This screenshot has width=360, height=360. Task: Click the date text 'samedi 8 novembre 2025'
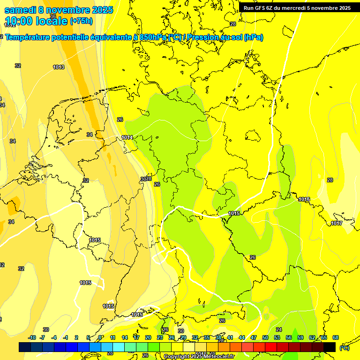tap(59, 10)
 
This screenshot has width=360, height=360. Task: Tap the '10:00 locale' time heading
tap(37, 21)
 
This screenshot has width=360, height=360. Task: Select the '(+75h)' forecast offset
tap(81, 21)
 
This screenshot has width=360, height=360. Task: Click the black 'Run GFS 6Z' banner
tap(297, 8)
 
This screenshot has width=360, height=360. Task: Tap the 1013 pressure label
tap(59, 67)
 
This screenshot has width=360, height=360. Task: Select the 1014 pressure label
tap(127, 137)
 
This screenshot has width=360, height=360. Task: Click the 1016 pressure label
tap(304, 199)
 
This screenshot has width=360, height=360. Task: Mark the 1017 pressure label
tap(336, 223)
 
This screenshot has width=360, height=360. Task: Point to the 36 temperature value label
tap(53, 16)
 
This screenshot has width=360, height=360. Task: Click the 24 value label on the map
tap(279, 330)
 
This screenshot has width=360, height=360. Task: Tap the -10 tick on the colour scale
tap(32, 337)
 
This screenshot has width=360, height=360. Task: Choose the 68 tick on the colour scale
tap(336, 337)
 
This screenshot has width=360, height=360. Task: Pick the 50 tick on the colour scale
tap(265, 337)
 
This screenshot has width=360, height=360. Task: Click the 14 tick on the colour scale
tap(125, 337)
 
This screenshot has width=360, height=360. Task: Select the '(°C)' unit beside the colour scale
tap(344, 348)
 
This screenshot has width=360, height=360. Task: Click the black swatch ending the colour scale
tap(330, 347)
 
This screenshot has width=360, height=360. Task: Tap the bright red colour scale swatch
tap(271, 347)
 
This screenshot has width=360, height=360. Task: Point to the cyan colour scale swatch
tap(119, 347)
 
